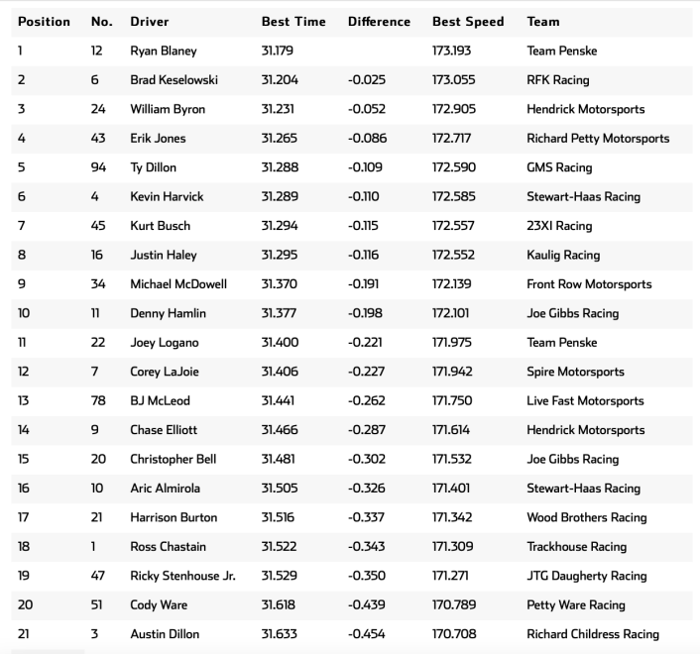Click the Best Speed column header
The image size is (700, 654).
468,21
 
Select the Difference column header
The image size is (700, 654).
379,21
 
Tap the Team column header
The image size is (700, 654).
543,21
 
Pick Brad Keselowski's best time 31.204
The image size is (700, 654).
281,80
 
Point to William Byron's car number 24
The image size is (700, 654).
97,109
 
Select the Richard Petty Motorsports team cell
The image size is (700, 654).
598,139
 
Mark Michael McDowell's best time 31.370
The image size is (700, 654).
281,284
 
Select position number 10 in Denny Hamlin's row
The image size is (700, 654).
24,313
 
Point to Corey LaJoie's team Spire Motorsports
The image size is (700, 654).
575,372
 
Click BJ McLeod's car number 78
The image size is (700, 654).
97,401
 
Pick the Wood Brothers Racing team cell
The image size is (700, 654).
586,517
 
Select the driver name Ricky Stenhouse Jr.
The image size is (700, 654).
182,576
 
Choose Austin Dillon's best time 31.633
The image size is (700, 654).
281,634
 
